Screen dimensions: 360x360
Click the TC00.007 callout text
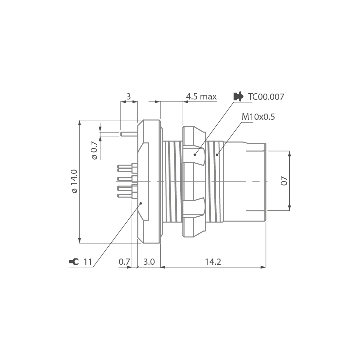[x=266, y=97]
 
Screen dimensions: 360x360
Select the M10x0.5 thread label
[x=258, y=117]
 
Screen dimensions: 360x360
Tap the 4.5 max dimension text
[x=201, y=97]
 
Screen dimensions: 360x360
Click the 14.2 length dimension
[x=213, y=261]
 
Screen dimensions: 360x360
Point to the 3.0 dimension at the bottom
[x=149, y=261]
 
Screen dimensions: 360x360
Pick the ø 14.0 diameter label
[x=75, y=181]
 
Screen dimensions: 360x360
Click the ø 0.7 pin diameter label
[x=95, y=151]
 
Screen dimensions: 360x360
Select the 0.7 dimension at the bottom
[x=124, y=261]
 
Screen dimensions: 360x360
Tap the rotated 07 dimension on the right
[x=284, y=181]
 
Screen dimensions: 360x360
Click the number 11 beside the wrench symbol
[x=88, y=261]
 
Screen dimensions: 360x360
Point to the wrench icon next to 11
[x=74, y=261]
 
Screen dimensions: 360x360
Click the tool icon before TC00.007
[x=238, y=97]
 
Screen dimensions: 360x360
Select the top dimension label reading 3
[x=128, y=97]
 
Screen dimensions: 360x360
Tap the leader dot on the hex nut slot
[x=195, y=154]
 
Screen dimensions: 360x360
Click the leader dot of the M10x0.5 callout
[x=216, y=154]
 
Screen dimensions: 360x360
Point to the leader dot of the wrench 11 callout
[x=141, y=203]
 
